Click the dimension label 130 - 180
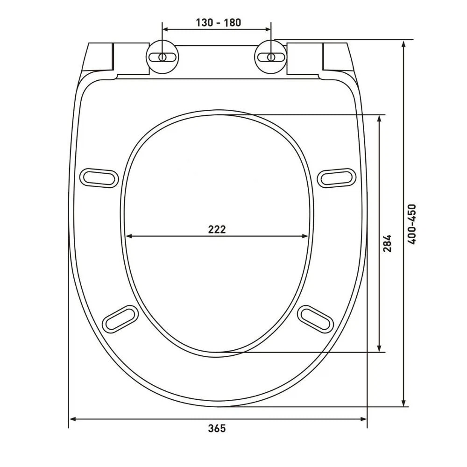[x=218, y=22]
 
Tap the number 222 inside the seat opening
[x=217, y=229]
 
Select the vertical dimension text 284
[x=387, y=243]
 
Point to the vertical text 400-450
[x=412, y=224]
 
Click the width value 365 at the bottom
[x=217, y=429]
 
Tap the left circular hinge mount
[x=163, y=57]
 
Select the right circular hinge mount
[x=271, y=57]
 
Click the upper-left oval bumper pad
[x=99, y=178]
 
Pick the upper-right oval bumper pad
[x=337, y=178]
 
